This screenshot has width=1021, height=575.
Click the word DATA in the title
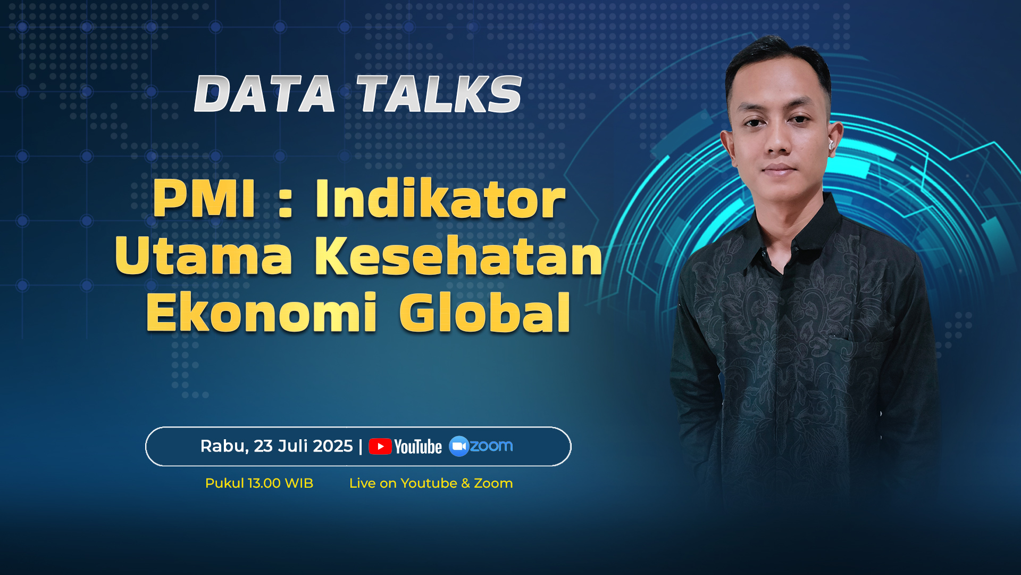[264, 94]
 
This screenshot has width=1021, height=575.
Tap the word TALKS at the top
[439, 94]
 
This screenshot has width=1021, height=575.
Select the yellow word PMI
[204, 199]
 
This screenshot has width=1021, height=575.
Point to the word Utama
[203, 256]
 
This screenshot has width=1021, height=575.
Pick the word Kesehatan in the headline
[458, 256]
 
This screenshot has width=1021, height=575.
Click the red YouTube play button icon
[380, 446]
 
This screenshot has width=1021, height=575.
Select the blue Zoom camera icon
[459, 446]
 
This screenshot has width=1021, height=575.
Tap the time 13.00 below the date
[264, 483]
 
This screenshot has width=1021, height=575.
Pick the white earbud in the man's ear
[831, 144]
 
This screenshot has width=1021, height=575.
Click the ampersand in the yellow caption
[465, 483]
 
